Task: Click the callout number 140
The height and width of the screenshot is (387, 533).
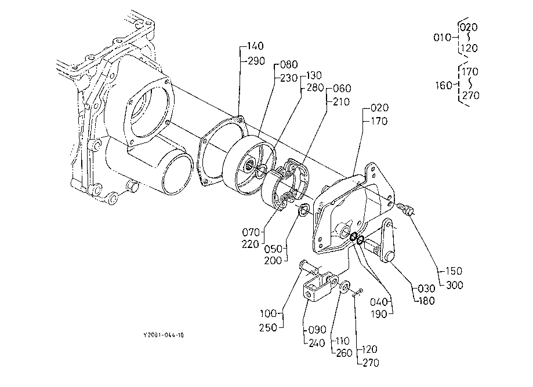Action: [255, 46]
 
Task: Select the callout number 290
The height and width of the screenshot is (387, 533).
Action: [256, 61]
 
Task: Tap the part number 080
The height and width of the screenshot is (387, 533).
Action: [289, 64]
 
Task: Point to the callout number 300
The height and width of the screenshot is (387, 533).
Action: [455, 285]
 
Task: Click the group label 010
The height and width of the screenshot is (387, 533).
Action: [442, 37]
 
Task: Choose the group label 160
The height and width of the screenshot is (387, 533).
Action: [444, 85]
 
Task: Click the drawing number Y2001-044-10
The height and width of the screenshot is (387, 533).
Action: [164, 335]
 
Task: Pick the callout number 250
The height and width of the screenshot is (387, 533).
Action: [268, 328]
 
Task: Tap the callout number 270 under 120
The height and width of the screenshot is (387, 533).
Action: [371, 363]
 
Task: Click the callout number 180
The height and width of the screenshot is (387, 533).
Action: [426, 301]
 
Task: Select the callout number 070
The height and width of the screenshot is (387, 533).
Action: [251, 232]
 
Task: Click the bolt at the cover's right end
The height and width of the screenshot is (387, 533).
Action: [404, 208]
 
